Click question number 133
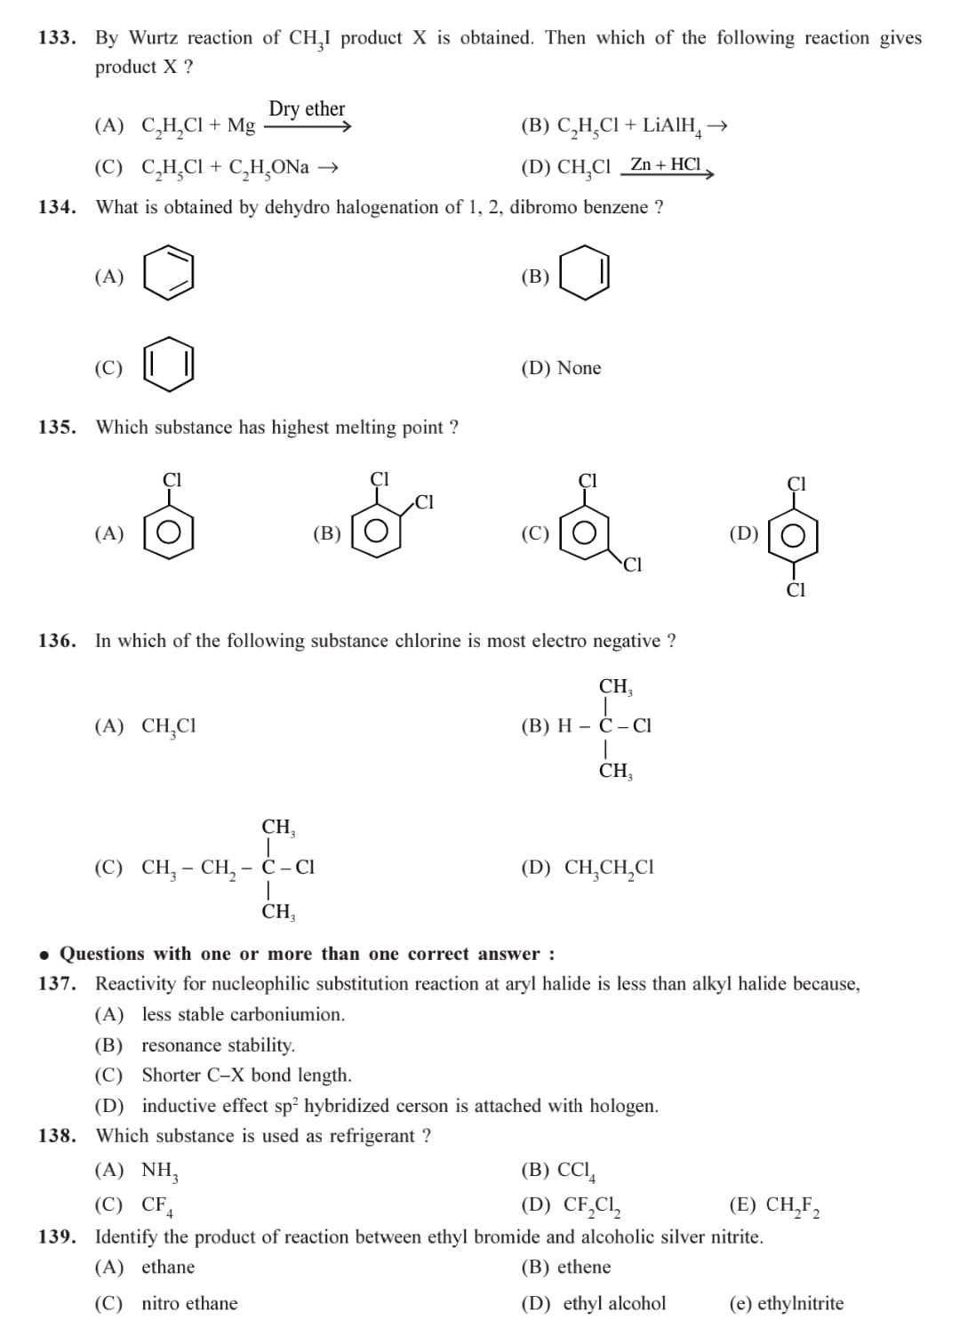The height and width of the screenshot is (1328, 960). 56,38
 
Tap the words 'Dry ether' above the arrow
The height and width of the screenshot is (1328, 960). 307,108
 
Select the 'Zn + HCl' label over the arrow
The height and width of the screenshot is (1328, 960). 665,164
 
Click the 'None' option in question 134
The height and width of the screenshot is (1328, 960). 579,368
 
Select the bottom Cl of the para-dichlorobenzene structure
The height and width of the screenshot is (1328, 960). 796,590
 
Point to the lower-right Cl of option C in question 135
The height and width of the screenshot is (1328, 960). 632,564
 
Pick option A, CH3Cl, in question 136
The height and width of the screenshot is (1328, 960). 169,726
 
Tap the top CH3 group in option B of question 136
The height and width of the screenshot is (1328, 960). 615,687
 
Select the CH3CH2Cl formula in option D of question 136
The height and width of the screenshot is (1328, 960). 609,868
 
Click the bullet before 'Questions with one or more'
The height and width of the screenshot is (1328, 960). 44,955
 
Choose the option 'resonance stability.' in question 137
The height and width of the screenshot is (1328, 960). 218,1045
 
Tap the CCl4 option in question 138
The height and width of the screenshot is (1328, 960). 576,1171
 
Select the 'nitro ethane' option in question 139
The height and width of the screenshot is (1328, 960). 189,1304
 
